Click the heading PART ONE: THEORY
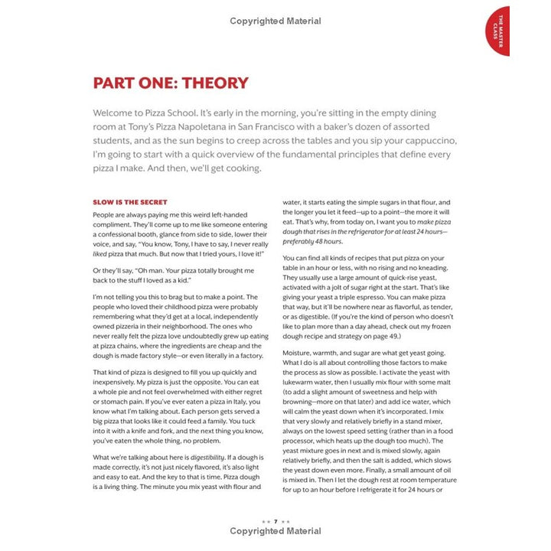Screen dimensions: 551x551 pyautogui.click(x=170, y=83)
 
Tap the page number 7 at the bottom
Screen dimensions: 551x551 pyautogui.click(x=275, y=520)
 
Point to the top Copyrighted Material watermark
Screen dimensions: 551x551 pyautogui.click(x=275, y=21)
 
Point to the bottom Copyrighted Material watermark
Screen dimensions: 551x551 pyautogui.click(x=275, y=531)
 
